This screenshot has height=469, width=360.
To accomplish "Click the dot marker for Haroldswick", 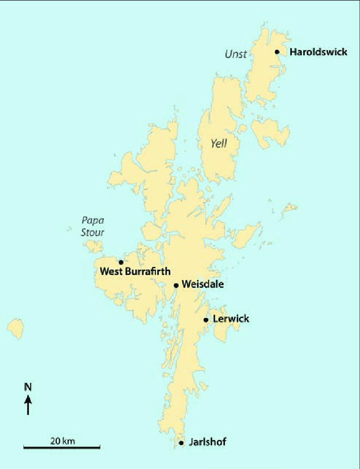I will (277, 52).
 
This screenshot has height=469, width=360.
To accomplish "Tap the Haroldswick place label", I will (318, 52).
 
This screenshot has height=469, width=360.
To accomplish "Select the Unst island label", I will (236, 54).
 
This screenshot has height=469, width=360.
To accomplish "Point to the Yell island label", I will (219, 144).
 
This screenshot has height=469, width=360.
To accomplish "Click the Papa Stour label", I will (93, 226).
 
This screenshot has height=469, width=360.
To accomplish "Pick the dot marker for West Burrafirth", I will (121, 262).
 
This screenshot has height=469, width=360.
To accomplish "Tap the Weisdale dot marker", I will (176, 285).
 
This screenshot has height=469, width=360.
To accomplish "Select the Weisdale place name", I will (202, 285).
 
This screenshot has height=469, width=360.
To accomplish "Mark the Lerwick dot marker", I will (206, 320).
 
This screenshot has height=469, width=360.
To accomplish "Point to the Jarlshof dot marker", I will (181, 443).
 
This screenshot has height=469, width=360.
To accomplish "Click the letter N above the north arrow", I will (28, 387).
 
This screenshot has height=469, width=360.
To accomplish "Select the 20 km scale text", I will (62, 440).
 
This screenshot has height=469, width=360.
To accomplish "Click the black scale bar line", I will (61, 447).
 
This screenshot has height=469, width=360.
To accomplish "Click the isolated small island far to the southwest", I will (16, 328).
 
